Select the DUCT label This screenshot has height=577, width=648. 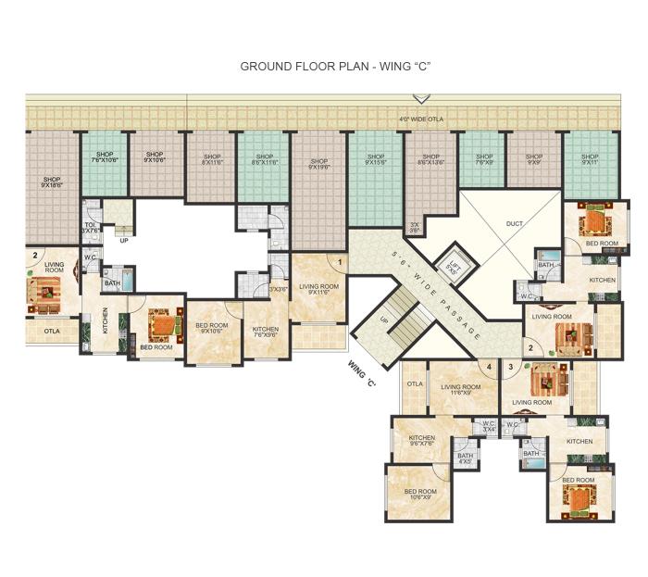coord(514,223)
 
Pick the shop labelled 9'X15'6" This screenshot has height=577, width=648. coord(375,159)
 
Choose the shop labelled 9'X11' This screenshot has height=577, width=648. coord(590,159)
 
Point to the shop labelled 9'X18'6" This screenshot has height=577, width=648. coord(51,182)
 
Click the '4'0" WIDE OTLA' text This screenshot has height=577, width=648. coord(417,119)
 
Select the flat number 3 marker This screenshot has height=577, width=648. coord(510,367)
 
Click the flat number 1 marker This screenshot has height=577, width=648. coord(340,262)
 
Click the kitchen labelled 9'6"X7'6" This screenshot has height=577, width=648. coord(421,441)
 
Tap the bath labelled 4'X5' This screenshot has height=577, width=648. coord(465,458)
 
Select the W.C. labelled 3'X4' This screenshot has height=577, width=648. coord(487,426)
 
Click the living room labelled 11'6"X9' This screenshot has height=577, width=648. coord(460,390)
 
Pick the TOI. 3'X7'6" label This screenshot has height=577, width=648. coord(91,227)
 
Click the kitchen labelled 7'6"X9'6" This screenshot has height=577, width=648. coord(266,332)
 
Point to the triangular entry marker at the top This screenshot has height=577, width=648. coord(421,98)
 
